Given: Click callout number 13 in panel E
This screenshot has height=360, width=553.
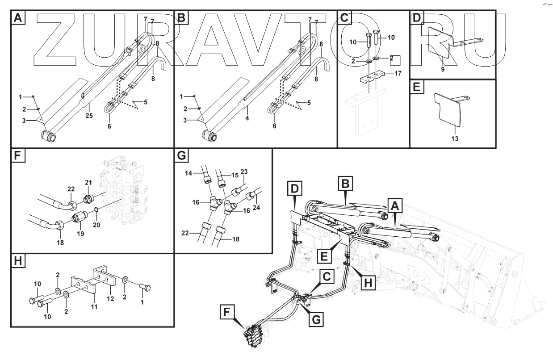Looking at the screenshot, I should [x=454, y=139].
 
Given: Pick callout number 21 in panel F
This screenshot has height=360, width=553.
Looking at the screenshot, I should [x=88, y=183].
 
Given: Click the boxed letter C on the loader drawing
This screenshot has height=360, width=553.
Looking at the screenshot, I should [x=327, y=277].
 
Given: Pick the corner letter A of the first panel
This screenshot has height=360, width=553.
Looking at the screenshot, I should [x=17, y=18].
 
